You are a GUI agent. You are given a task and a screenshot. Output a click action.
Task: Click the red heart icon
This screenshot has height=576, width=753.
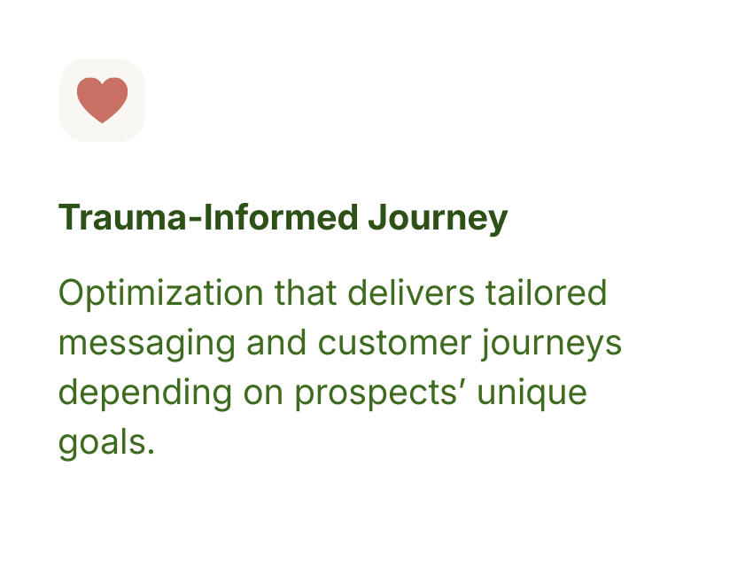(x=102, y=99)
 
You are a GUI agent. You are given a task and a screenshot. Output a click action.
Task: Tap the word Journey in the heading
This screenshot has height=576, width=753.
(x=438, y=218)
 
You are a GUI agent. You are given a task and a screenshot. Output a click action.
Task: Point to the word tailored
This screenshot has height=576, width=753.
(x=547, y=293)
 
